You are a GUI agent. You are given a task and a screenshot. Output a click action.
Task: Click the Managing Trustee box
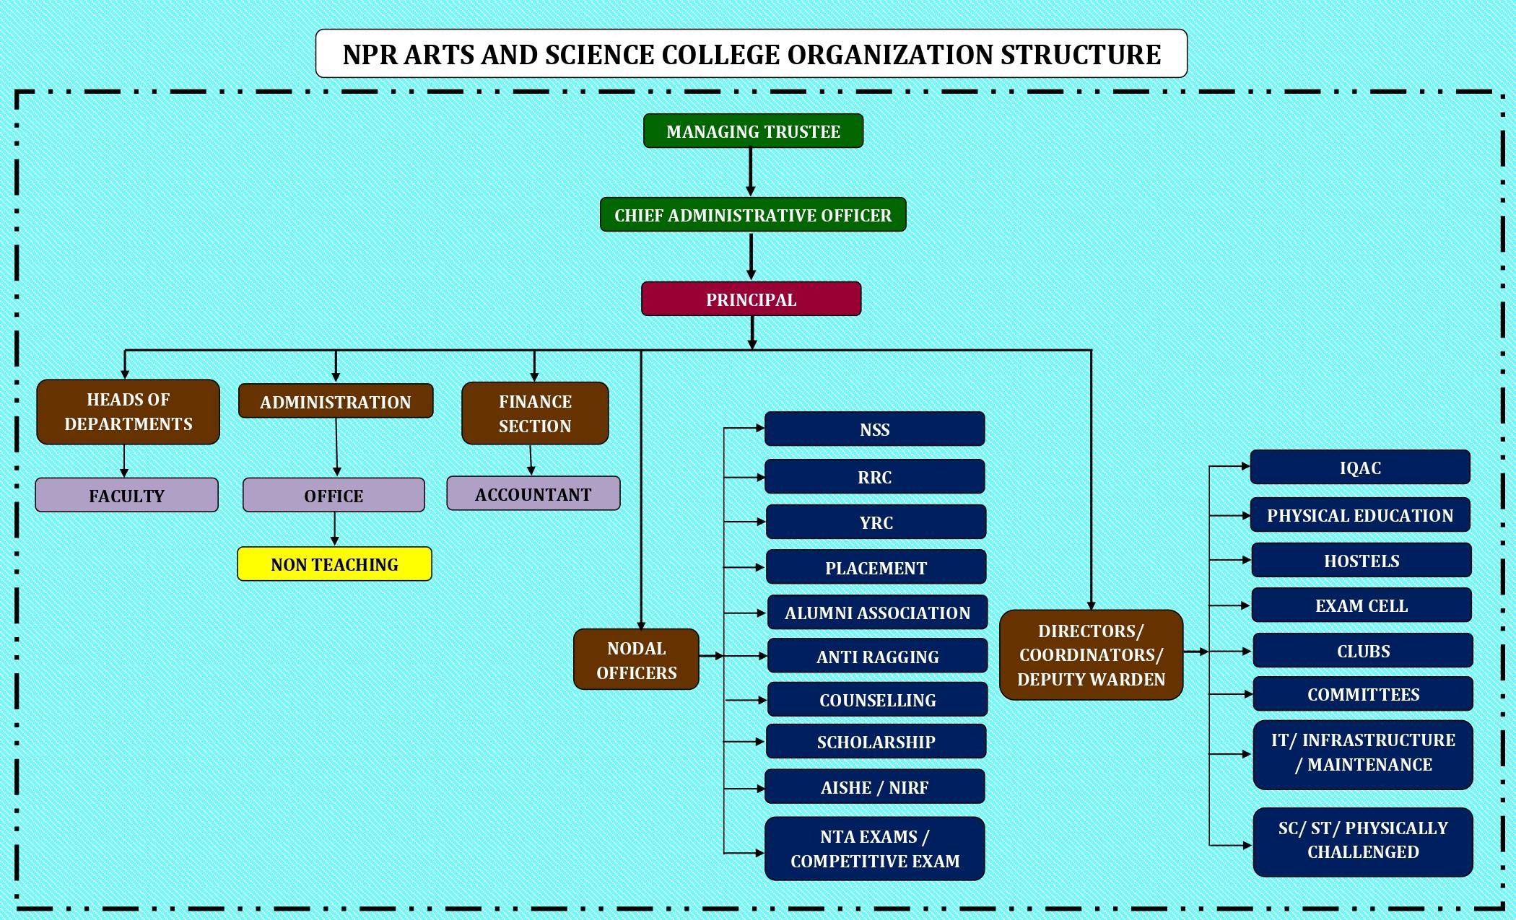coord(753,131)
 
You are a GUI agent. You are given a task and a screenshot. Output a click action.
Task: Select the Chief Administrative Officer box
coord(753,215)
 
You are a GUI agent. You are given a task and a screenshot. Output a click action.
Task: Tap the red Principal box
coord(751,299)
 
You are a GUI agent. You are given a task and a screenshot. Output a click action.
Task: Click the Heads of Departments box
coord(128,412)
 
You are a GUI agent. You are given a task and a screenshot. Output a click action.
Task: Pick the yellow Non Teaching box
coord(334,564)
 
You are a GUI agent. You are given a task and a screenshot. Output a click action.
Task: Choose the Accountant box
coord(533,494)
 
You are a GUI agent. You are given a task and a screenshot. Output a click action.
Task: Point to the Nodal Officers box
coord(636,660)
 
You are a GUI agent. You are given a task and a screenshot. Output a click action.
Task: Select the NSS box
coord(874,429)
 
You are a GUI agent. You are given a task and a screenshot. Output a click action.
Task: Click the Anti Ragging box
coord(877,657)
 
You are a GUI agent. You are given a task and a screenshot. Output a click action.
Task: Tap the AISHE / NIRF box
coord(874,787)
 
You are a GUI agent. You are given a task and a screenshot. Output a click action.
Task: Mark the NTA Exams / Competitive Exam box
coord(874,849)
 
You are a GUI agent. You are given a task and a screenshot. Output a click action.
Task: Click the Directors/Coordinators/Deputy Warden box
coord(1091,655)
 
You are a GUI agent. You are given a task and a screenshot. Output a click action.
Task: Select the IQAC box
coord(1360,468)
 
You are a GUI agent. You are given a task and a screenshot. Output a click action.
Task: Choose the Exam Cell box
coord(1361,605)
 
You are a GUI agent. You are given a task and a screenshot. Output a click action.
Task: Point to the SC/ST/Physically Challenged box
coord(1363,840)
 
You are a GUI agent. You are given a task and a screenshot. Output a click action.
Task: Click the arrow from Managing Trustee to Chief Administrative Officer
coord(751,172)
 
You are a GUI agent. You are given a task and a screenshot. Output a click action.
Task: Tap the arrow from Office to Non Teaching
coord(334,529)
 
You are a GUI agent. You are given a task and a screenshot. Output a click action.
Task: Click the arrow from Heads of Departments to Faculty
coord(124,461)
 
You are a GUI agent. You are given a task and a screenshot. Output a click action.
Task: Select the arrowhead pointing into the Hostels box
coord(1247,560)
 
